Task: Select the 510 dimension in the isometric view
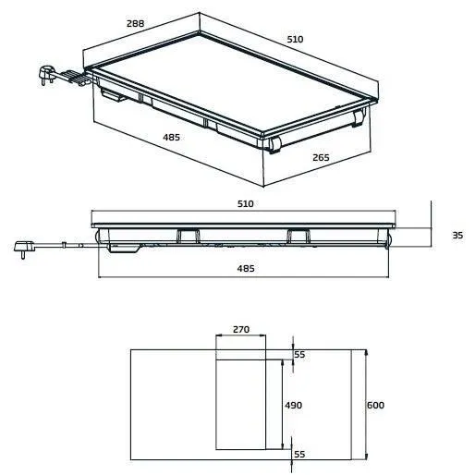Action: point(294,40)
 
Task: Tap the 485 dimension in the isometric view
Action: point(171,137)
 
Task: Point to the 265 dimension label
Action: point(320,158)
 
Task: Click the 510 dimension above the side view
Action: point(245,202)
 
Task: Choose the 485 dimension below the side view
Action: point(245,268)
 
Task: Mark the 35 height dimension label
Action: point(457,236)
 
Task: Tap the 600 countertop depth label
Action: point(374,405)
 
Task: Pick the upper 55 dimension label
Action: point(298,354)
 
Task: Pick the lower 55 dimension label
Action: point(298,455)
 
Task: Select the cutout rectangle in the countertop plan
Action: point(248,403)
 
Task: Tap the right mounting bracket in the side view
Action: point(300,236)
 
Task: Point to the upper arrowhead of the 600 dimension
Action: point(367,353)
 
